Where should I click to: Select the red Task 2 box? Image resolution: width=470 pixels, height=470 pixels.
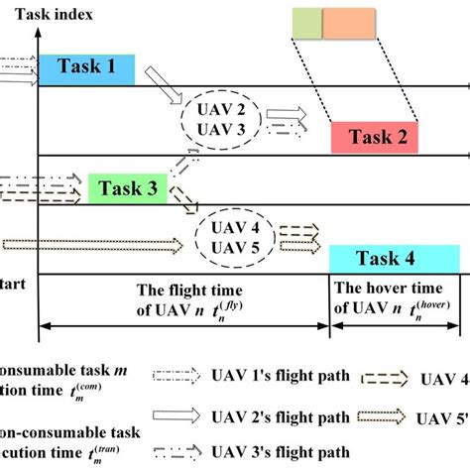[x=375, y=138]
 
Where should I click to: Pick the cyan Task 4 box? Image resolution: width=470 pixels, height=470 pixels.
[x=394, y=259]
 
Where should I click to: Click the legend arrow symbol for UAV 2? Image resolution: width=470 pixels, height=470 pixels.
[x=176, y=417]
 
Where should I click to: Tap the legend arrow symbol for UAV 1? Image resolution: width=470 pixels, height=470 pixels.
[x=176, y=377]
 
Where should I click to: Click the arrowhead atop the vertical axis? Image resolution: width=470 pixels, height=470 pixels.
[x=37, y=36]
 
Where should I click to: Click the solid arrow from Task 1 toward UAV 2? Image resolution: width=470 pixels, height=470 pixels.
[x=160, y=84]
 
